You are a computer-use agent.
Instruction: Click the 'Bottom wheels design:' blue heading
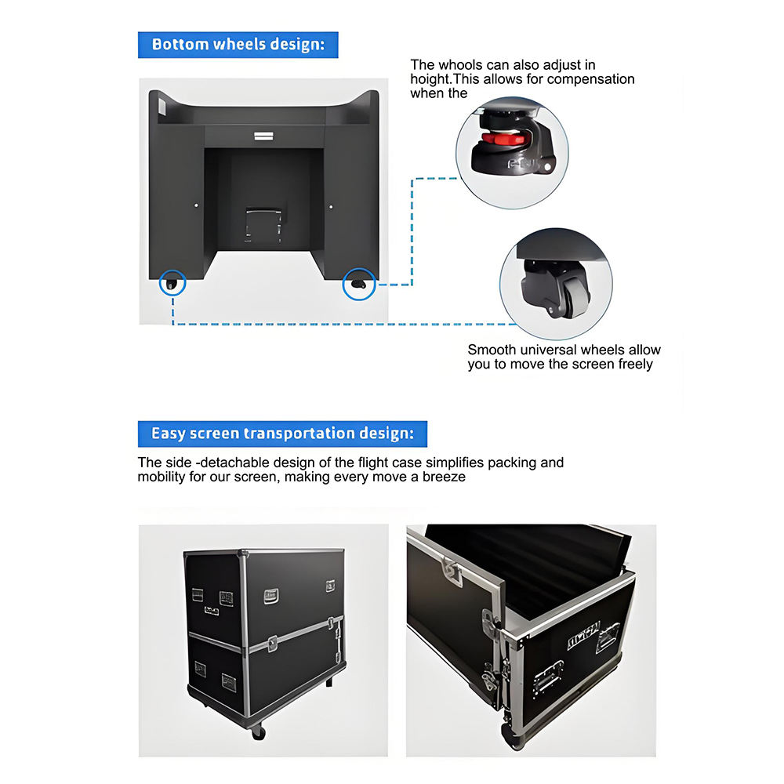point(238,45)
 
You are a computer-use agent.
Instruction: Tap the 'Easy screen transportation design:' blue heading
point(282,434)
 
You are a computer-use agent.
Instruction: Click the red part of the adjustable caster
point(503,139)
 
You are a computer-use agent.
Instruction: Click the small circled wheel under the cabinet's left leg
point(172,284)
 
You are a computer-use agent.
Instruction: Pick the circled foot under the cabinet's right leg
point(358,284)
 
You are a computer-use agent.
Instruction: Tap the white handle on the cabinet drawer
point(263,136)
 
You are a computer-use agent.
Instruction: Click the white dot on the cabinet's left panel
point(196,205)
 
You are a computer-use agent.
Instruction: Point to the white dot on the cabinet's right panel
point(331,206)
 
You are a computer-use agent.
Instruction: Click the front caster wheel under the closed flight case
point(258,732)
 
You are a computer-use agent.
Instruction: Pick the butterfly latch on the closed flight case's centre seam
point(272,644)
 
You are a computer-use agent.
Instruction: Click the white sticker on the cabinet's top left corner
point(162,107)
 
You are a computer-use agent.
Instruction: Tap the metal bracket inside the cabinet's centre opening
point(263,224)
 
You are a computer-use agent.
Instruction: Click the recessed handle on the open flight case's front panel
point(549,677)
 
